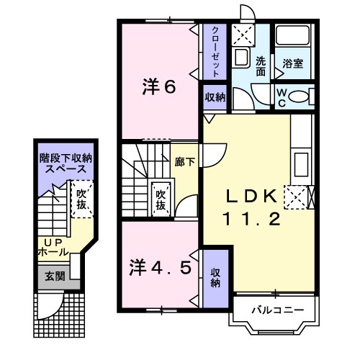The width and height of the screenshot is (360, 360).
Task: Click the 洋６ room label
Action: pos(159,87)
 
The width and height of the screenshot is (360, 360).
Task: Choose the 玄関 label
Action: pos(55,276)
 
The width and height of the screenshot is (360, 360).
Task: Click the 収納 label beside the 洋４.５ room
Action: pos(215,277)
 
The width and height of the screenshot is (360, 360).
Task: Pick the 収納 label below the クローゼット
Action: pos(215,97)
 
